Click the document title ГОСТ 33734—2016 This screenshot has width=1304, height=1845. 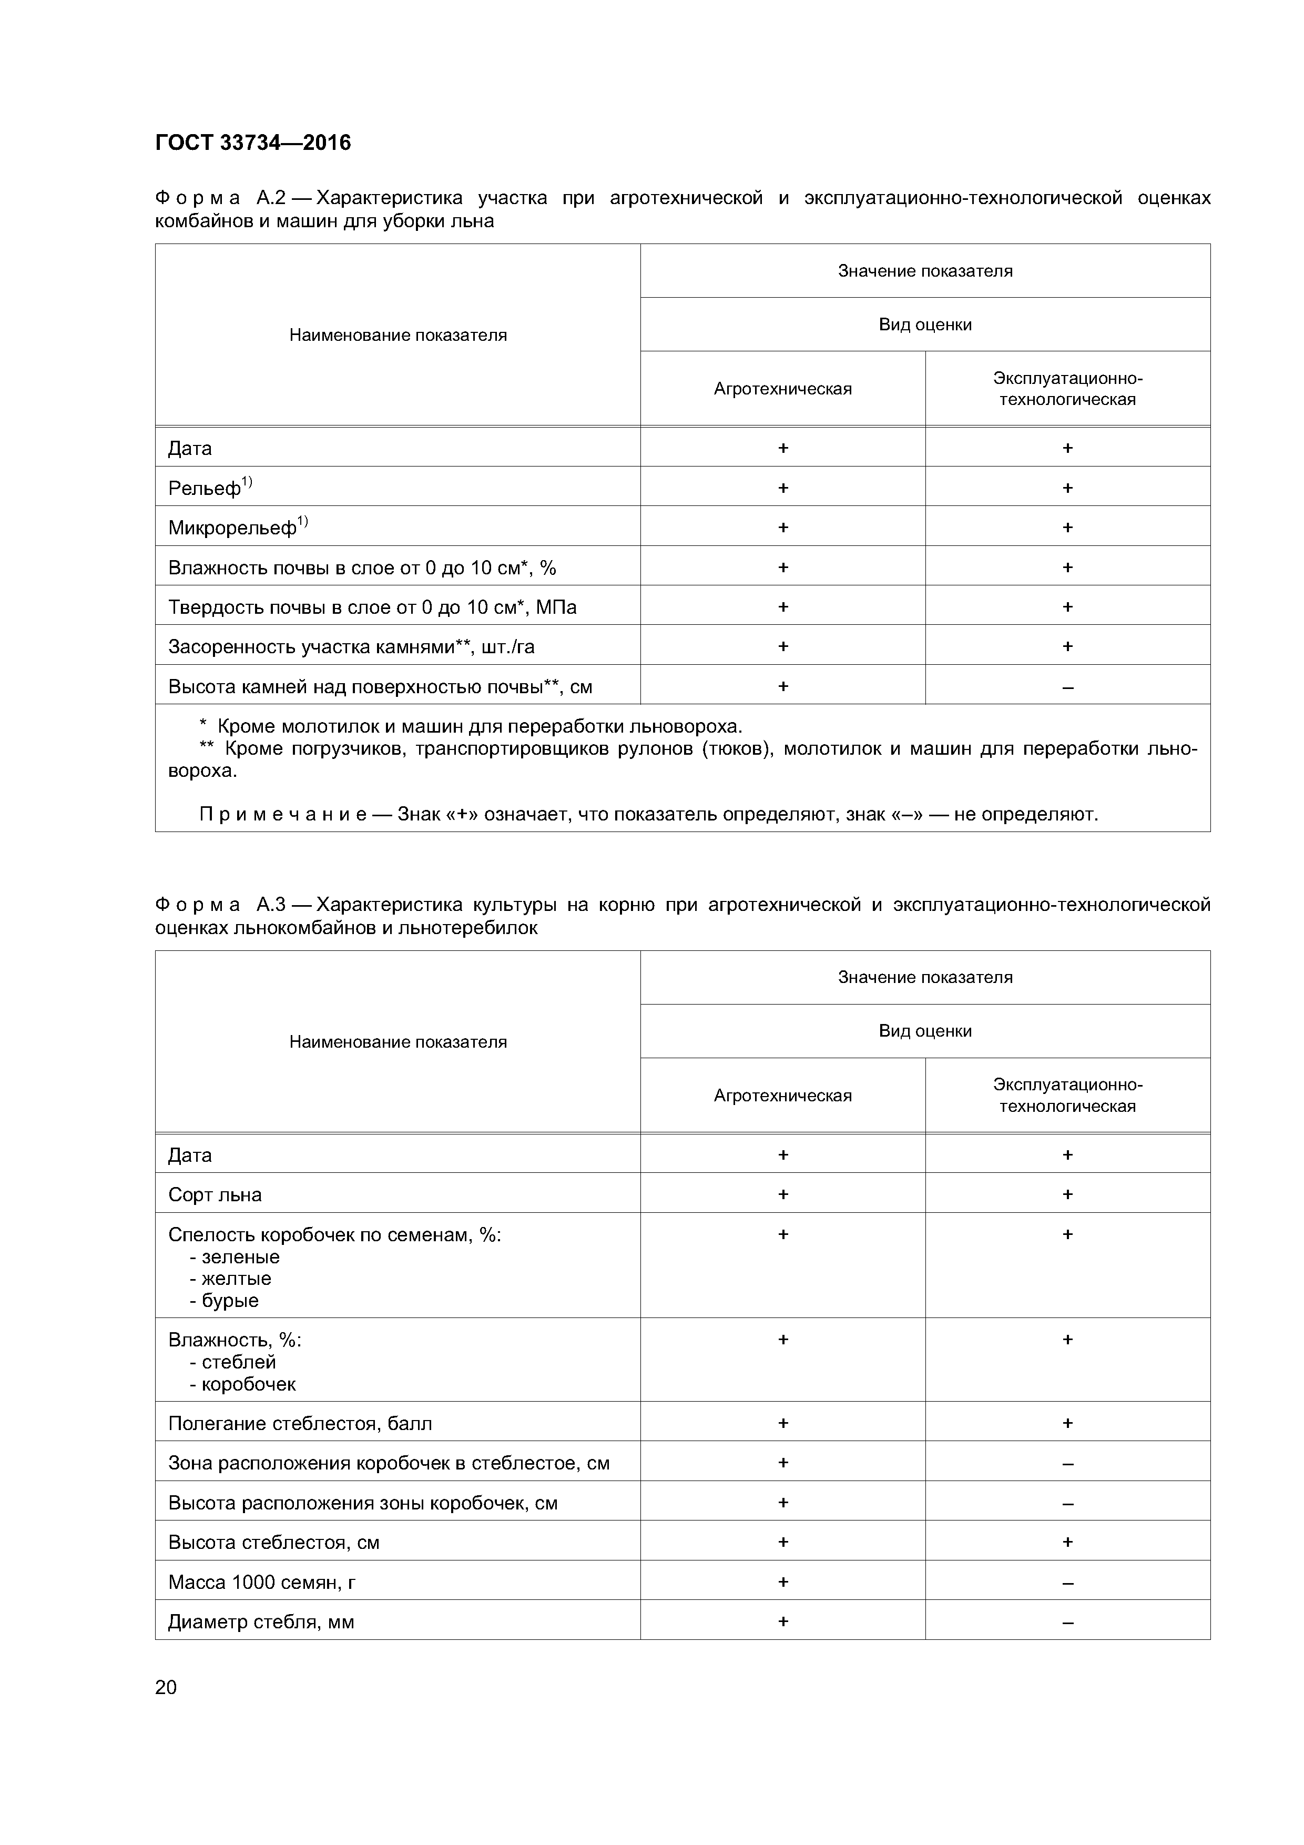click(x=252, y=143)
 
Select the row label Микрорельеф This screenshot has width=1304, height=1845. click(x=232, y=528)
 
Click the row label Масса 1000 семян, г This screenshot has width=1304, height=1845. click(x=261, y=1582)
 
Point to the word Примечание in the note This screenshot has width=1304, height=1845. click(x=283, y=814)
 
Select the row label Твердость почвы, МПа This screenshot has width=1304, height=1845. click(x=372, y=607)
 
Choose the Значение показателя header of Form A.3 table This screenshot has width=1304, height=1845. click(x=925, y=977)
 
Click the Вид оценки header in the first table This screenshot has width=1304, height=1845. click(x=925, y=325)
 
